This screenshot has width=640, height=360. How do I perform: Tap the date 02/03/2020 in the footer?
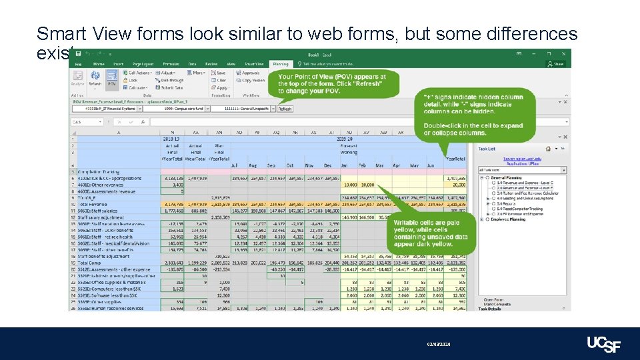tap(440, 344)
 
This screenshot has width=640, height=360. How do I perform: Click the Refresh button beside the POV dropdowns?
tap(285, 109)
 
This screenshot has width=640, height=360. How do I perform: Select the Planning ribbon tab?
tap(281, 64)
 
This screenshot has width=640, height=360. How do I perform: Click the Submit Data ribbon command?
tap(171, 87)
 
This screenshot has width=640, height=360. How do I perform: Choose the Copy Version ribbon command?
tap(253, 80)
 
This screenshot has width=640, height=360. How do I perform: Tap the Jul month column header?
tap(234, 165)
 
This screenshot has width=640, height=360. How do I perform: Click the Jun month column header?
tap(430, 165)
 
